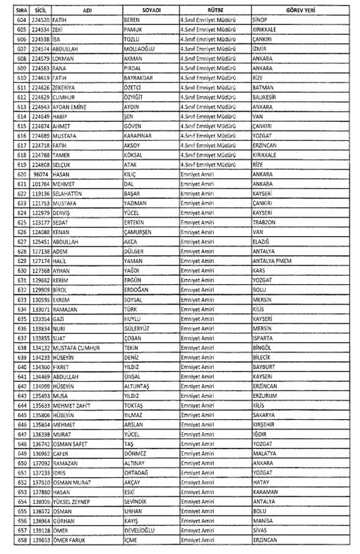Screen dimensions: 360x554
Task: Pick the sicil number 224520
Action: (x=40, y=20)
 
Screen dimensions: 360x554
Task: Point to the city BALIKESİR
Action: (x=267, y=98)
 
